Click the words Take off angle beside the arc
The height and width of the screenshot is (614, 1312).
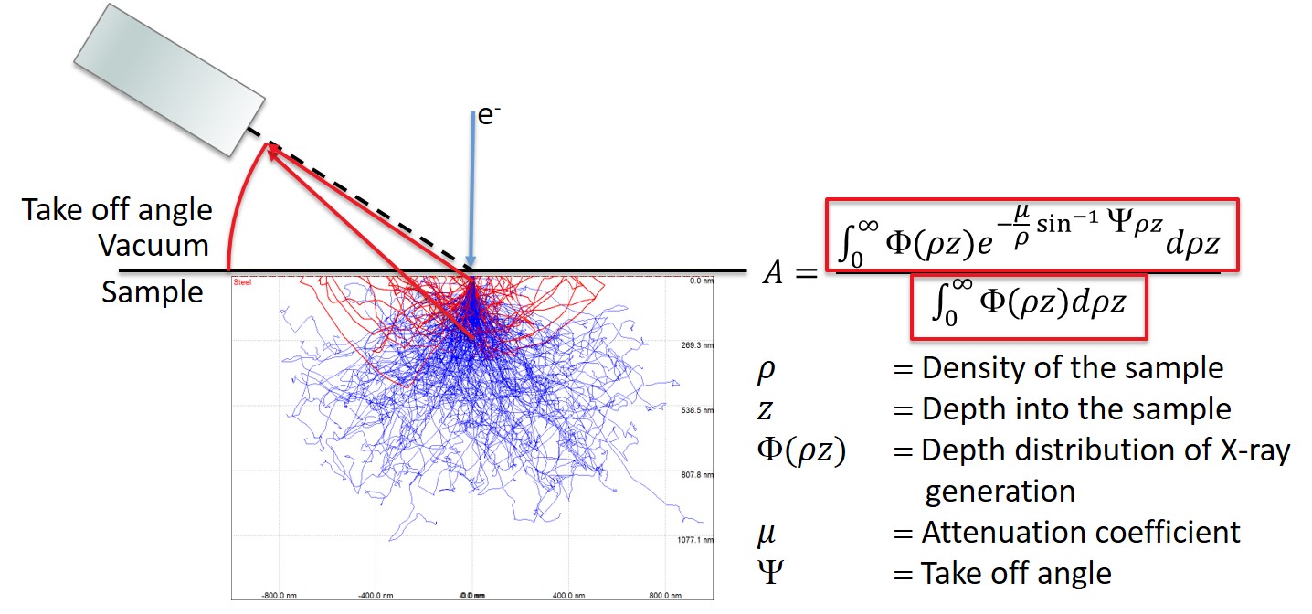pos(118,210)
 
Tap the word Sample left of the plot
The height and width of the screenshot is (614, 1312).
pos(153,292)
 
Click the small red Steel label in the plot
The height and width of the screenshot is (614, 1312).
pos(242,281)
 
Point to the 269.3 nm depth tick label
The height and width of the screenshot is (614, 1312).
pos(694,346)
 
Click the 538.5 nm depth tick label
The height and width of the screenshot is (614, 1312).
pos(694,411)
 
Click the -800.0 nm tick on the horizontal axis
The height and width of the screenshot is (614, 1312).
pos(278,595)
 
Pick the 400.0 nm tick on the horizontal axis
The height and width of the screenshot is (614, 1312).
pos(567,595)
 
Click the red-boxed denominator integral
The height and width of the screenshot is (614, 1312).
pos(1027,304)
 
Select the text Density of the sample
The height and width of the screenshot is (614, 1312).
pos(1072,368)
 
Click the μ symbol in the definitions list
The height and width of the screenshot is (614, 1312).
pos(767,532)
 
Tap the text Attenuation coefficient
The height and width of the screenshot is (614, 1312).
pos(1081,532)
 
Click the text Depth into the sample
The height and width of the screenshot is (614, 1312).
pos(1076,408)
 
